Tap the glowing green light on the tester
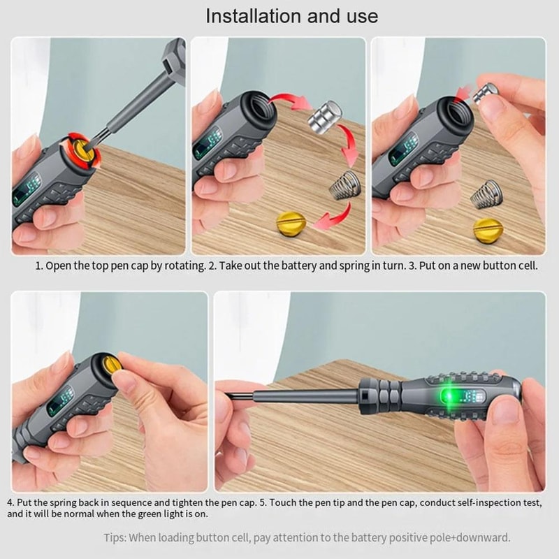(x=450, y=397)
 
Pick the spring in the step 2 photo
(x=347, y=185)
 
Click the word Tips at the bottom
(x=113, y=537)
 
